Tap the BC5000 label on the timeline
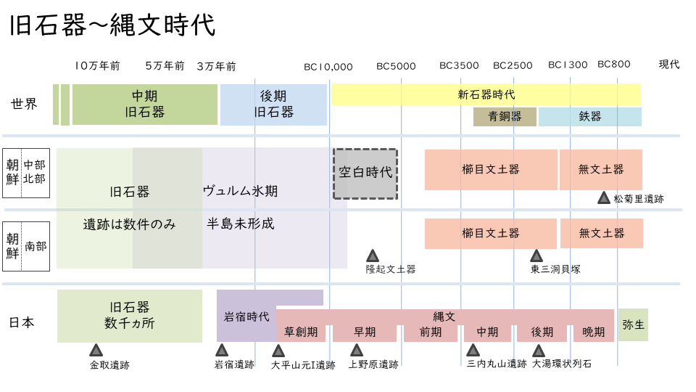[x=396, y=66]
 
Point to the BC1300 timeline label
[x=568, y=65]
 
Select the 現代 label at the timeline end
[x=668, y=64]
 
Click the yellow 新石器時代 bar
[x=486, y=94]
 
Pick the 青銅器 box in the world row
[x=505, y=117]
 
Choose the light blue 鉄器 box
[x=589, y=117]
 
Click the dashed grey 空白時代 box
[x=365, y=173]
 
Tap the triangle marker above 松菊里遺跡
[x=604, y=197]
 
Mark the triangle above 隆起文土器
[x=373, y=256]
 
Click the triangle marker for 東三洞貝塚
[x=536, y=256]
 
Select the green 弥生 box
[x=633, y=325]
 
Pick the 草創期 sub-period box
[x=300, y=332]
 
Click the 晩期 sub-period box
[x=593, y=332]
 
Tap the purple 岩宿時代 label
[x=246, y=317]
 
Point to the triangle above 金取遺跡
[x=96, y=350]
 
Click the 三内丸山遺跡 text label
[x=497, y=364]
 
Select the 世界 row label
[x=24, y=104]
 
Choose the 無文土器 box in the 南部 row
[x=601, y=234]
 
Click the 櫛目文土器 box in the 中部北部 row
[x=491, y=170]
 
